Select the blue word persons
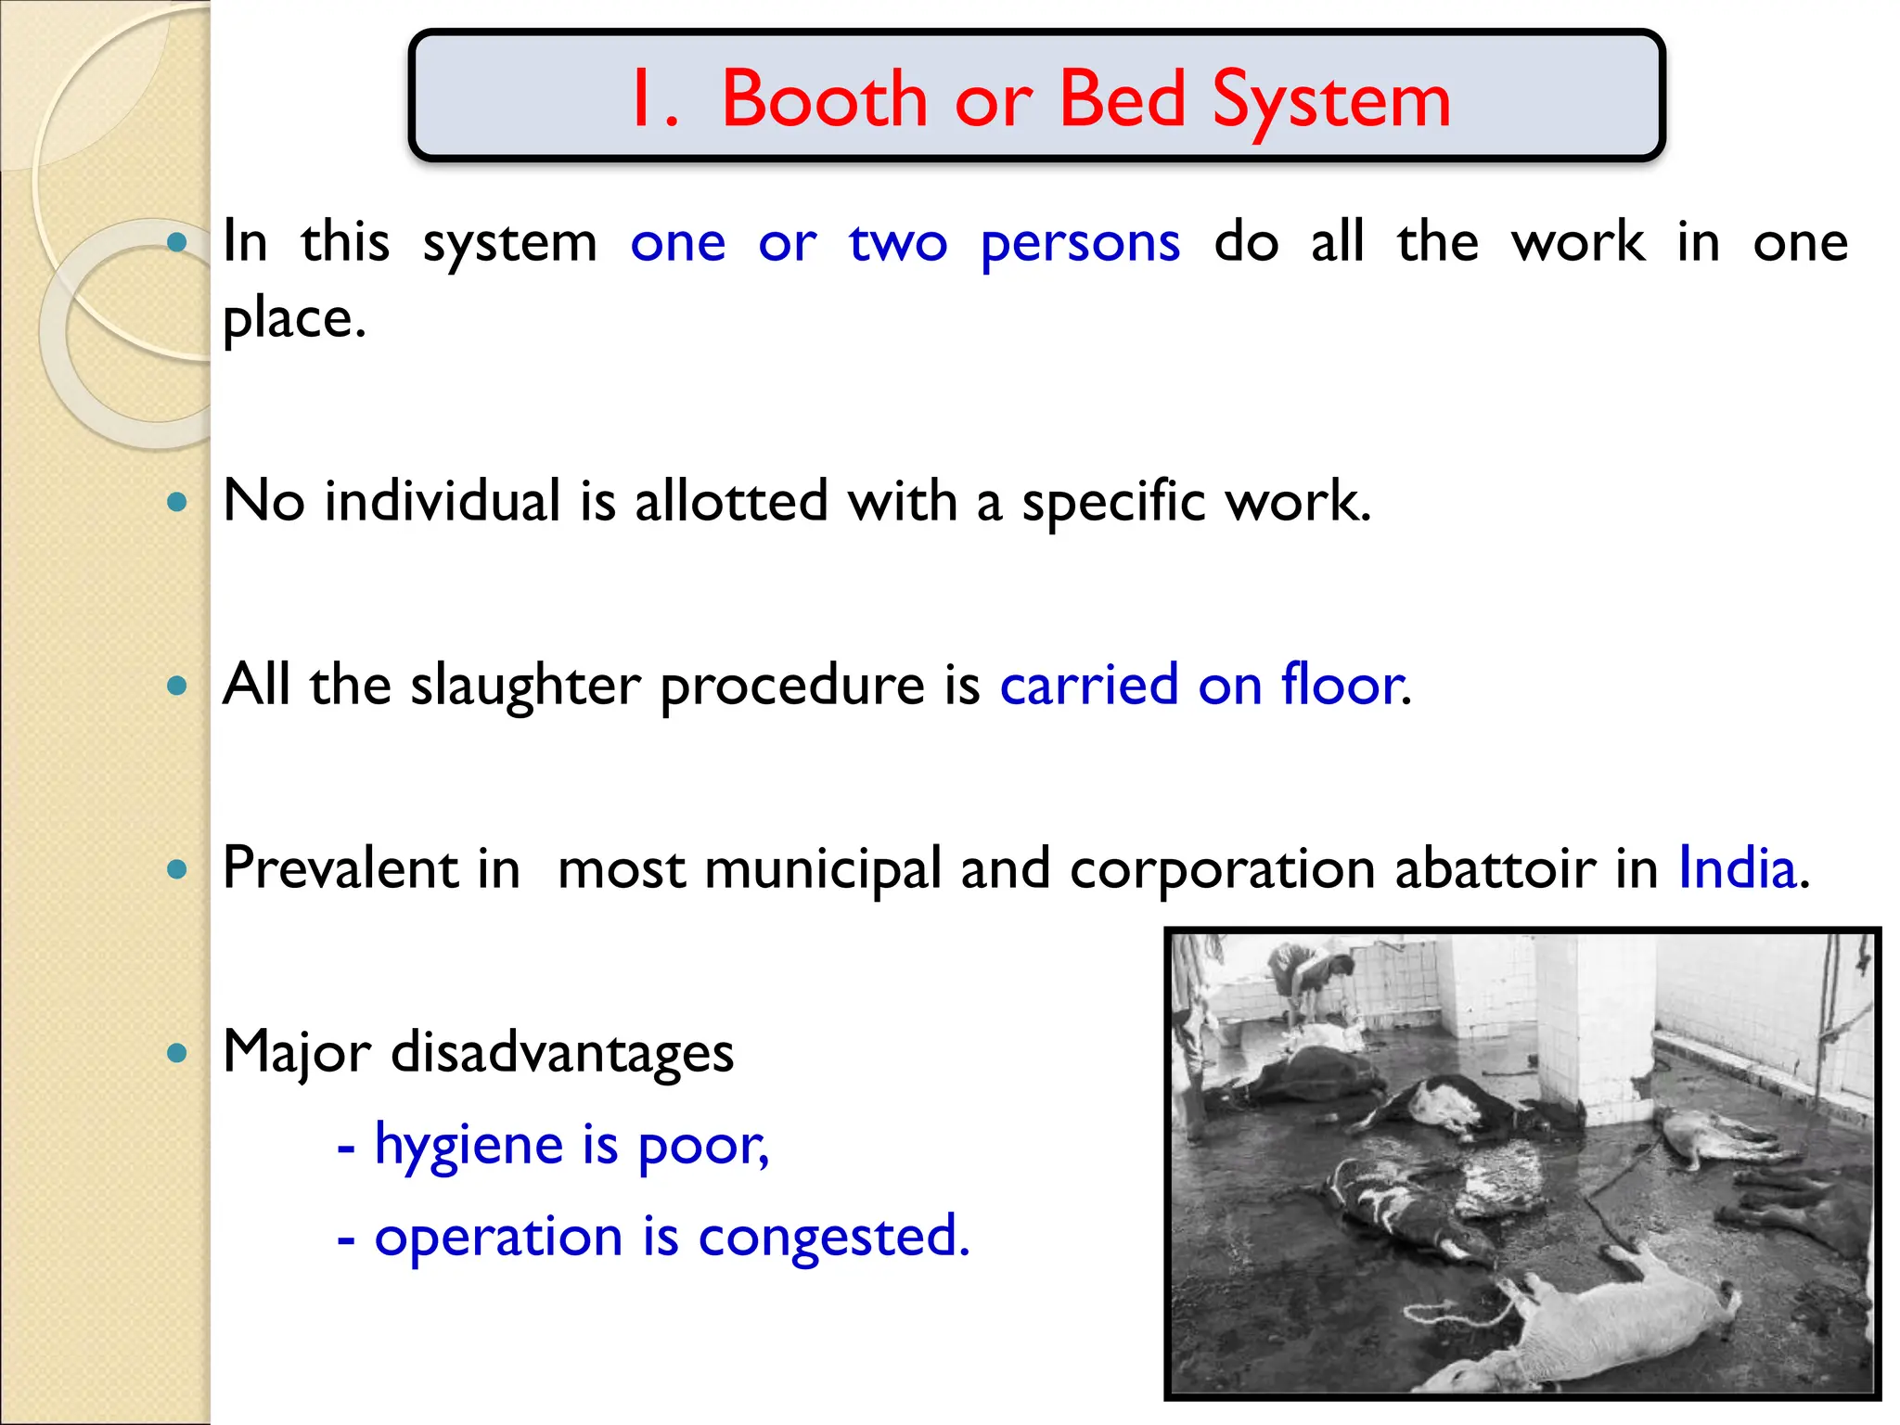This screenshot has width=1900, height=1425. [x=1080, y=243]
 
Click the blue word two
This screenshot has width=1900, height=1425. [x=897, y=243]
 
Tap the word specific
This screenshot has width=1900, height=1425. [x=1112, y=501]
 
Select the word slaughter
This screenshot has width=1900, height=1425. [x=525, y=686]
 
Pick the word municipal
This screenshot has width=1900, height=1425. [x=823, y=869]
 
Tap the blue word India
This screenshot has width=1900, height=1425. [x=1737, y=868]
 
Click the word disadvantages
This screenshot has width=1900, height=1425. [x=562, y=1052]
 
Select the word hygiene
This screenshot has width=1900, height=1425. [x=469, y=1145]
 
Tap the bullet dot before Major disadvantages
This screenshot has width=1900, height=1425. [x=176, y=1053]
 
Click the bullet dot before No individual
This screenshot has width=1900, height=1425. [x=176, y=502]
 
